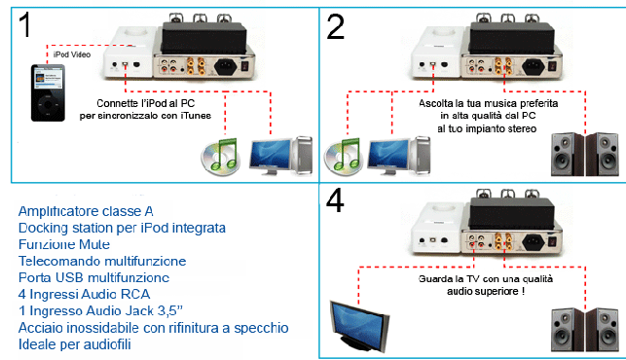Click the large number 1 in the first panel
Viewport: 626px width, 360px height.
pyautogui.click(x=24, y=24)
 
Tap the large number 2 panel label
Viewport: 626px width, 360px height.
pyautogui.click(x=335, y=26)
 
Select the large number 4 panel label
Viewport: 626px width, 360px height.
pyautogui.click(x=335, y=200)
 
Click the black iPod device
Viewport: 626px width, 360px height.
pyautogui.click(x=48, y=92)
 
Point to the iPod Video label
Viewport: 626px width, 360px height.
pyautogui.click(x=72, y=54)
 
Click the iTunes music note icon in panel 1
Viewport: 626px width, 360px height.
pyautogui.click(x=221, y=157)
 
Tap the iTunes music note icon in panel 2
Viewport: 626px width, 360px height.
pyautogui.click(x=344, y=157)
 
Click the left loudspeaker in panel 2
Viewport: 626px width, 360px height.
pyautogui.click(x=568, y=155)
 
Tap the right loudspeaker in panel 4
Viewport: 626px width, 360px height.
pyautogui.click(x=603, y=330)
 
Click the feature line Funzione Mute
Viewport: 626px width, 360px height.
pyautogui.click(x=64, y=244)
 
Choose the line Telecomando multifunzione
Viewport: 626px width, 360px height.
pyautogui.click(x=102, y=261)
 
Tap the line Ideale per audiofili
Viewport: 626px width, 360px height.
pyautogui.click(x=75, y=344)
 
